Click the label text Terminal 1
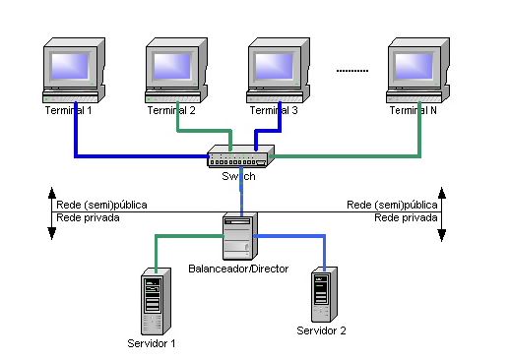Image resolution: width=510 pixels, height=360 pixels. [x=68, y=111]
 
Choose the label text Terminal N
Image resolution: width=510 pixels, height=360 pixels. [x=414, y=111]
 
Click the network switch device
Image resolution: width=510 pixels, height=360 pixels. [x=240, y=156]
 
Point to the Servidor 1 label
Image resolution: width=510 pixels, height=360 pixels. [x=152, y=343]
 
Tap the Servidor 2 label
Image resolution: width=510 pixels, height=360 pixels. [x=322, y=330]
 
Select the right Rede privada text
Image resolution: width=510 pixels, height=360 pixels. [x=400, y=217]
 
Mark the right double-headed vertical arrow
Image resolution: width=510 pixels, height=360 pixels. [x=442, y=211]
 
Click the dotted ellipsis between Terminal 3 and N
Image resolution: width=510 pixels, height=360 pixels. [x=351, y=70]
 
